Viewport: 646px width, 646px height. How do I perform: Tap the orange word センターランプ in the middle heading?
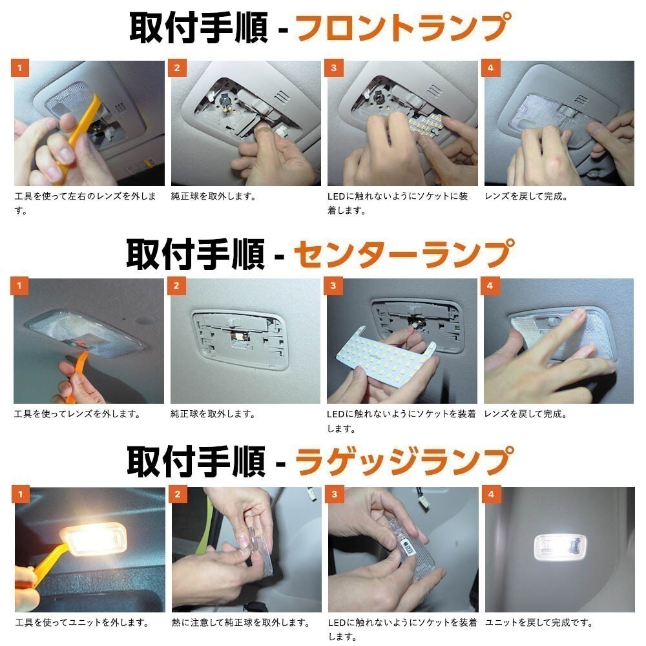tap(404, 253)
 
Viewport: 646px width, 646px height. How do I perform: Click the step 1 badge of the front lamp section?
tap(19, 68)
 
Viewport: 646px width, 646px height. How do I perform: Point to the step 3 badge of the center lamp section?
tap(333, 286)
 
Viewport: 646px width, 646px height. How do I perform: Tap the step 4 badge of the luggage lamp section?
tap(491, 494)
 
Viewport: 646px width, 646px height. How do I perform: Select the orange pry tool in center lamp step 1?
tap(76, 375)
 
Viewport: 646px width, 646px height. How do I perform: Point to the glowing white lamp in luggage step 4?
tap(559, 547)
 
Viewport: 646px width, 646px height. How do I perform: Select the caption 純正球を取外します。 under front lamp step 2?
tap(213, 196)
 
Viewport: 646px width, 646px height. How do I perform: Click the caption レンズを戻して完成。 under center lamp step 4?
tap(526, 414)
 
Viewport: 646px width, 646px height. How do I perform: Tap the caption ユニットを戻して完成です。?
tap(539, 623)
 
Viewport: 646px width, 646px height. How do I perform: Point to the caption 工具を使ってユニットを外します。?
tap(82, 623)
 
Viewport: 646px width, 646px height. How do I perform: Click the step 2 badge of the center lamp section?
tap(176, 286)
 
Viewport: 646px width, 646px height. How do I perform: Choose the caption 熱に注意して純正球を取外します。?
tap(240, 623)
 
